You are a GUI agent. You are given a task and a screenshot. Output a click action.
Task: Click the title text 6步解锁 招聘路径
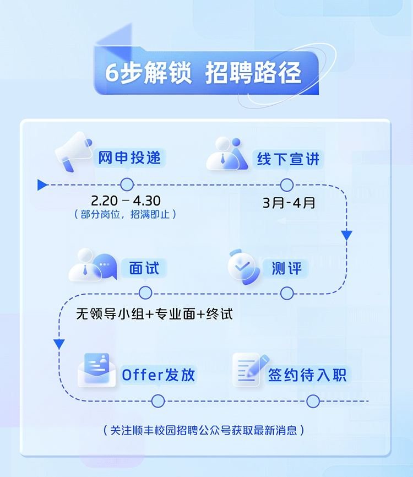coord(203,73)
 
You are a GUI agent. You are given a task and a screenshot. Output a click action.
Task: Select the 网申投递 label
coord(130,158)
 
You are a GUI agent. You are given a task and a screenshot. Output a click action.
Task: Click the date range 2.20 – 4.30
coord(126,200)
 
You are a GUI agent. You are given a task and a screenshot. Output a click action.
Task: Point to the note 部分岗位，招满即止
coord(126,214)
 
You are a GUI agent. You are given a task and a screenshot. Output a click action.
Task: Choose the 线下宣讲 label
coord(287,160)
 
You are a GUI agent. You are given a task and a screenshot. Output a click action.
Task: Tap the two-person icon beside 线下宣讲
coord(227,154)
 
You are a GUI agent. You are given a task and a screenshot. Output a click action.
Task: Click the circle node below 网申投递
coord(127,185)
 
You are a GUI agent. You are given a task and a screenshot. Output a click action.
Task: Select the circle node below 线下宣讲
coord(287,185)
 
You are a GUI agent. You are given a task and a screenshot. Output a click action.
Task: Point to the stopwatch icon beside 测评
coord(242,267)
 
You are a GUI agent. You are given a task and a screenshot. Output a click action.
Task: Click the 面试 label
coord(144,269)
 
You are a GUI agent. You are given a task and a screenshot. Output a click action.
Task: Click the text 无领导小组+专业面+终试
coord(155,314)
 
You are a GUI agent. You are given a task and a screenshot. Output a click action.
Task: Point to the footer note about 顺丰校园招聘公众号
coord(204,430)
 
